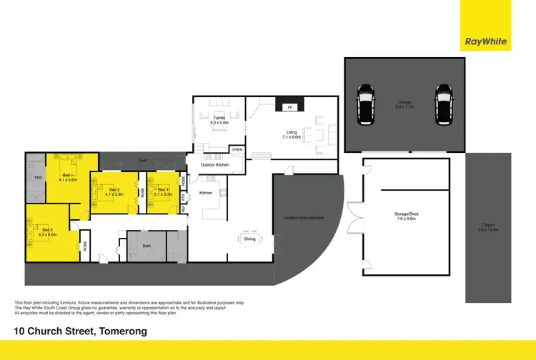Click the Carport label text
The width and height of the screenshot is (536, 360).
488,229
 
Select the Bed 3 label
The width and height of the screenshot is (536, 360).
114,190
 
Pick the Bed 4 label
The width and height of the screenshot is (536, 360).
164,191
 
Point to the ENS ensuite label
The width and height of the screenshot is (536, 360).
36,176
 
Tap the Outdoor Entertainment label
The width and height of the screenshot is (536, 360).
304,218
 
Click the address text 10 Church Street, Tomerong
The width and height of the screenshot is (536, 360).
81,331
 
